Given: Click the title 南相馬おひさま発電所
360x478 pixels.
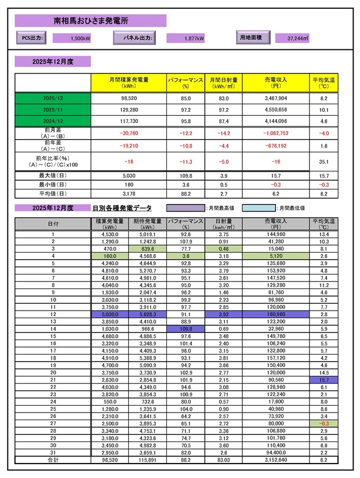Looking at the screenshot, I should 91,21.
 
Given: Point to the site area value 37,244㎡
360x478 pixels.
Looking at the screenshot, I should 297,39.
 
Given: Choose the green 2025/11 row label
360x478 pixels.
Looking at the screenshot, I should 53,109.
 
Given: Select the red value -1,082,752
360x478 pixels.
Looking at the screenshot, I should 275,133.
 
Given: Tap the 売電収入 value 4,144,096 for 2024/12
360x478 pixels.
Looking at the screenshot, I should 275,121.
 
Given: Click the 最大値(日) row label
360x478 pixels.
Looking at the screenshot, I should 53,175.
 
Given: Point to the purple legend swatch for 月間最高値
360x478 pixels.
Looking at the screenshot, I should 186,207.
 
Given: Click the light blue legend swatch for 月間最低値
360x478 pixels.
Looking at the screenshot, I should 257,207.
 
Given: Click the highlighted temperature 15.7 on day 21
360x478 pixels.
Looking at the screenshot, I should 323,380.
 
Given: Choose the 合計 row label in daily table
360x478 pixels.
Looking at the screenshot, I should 53,460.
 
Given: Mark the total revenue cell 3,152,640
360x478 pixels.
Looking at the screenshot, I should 275,460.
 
